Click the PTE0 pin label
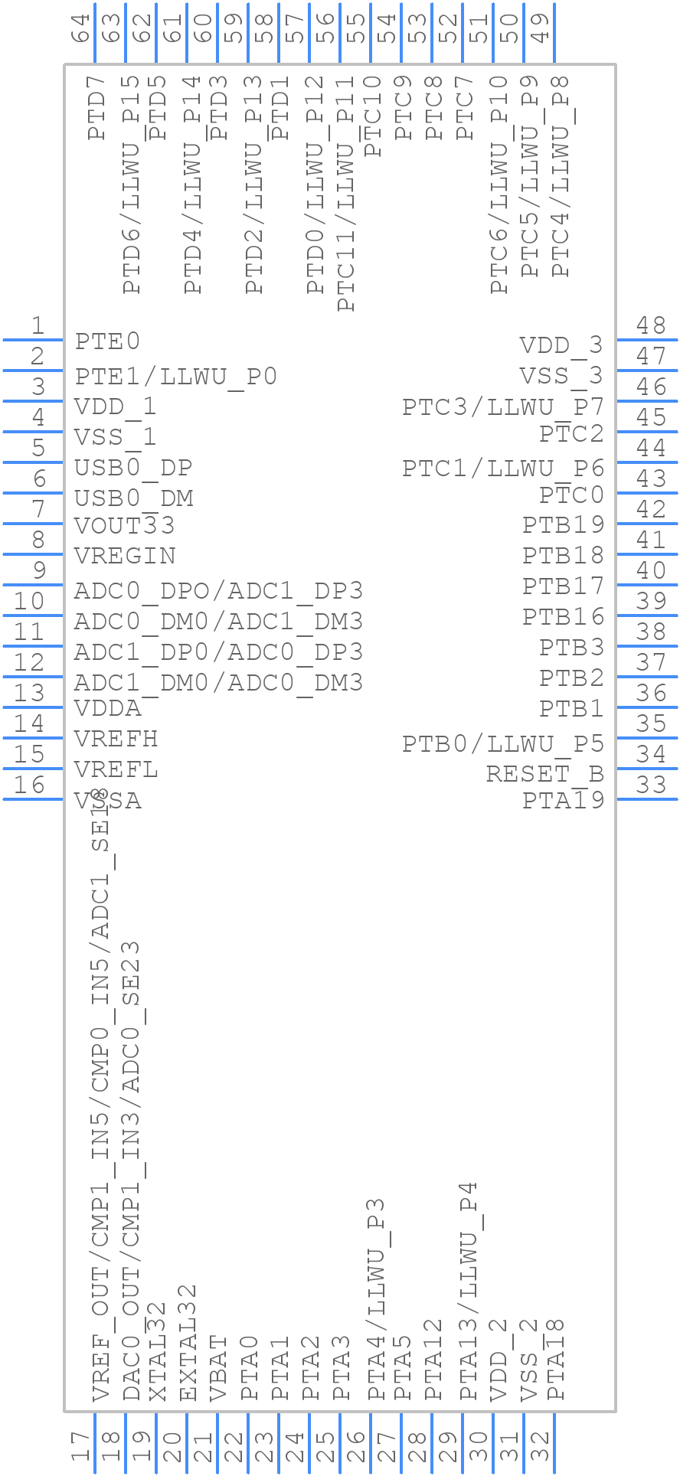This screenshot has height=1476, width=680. point(107,341)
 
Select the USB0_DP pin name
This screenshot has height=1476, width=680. point(133,467)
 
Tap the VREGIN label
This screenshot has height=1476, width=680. point(125,556)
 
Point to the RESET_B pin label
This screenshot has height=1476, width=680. point(544,774)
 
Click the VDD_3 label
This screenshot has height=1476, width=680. point(561,345)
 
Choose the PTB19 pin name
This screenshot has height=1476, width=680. point(564,525)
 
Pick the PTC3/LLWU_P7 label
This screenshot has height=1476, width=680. point(503,407)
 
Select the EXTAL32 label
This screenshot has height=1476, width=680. point(188,1343)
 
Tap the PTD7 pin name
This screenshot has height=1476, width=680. point(96,115)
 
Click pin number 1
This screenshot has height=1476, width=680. point(37,326)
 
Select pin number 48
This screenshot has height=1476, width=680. point(651,326)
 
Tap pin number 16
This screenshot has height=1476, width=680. point(29,785)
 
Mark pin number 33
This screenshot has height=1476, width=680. point(651,785)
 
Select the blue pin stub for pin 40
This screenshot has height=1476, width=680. point(646,585)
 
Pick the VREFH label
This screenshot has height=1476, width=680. point(116,740)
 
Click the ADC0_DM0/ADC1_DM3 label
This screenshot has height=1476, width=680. point(218,621)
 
